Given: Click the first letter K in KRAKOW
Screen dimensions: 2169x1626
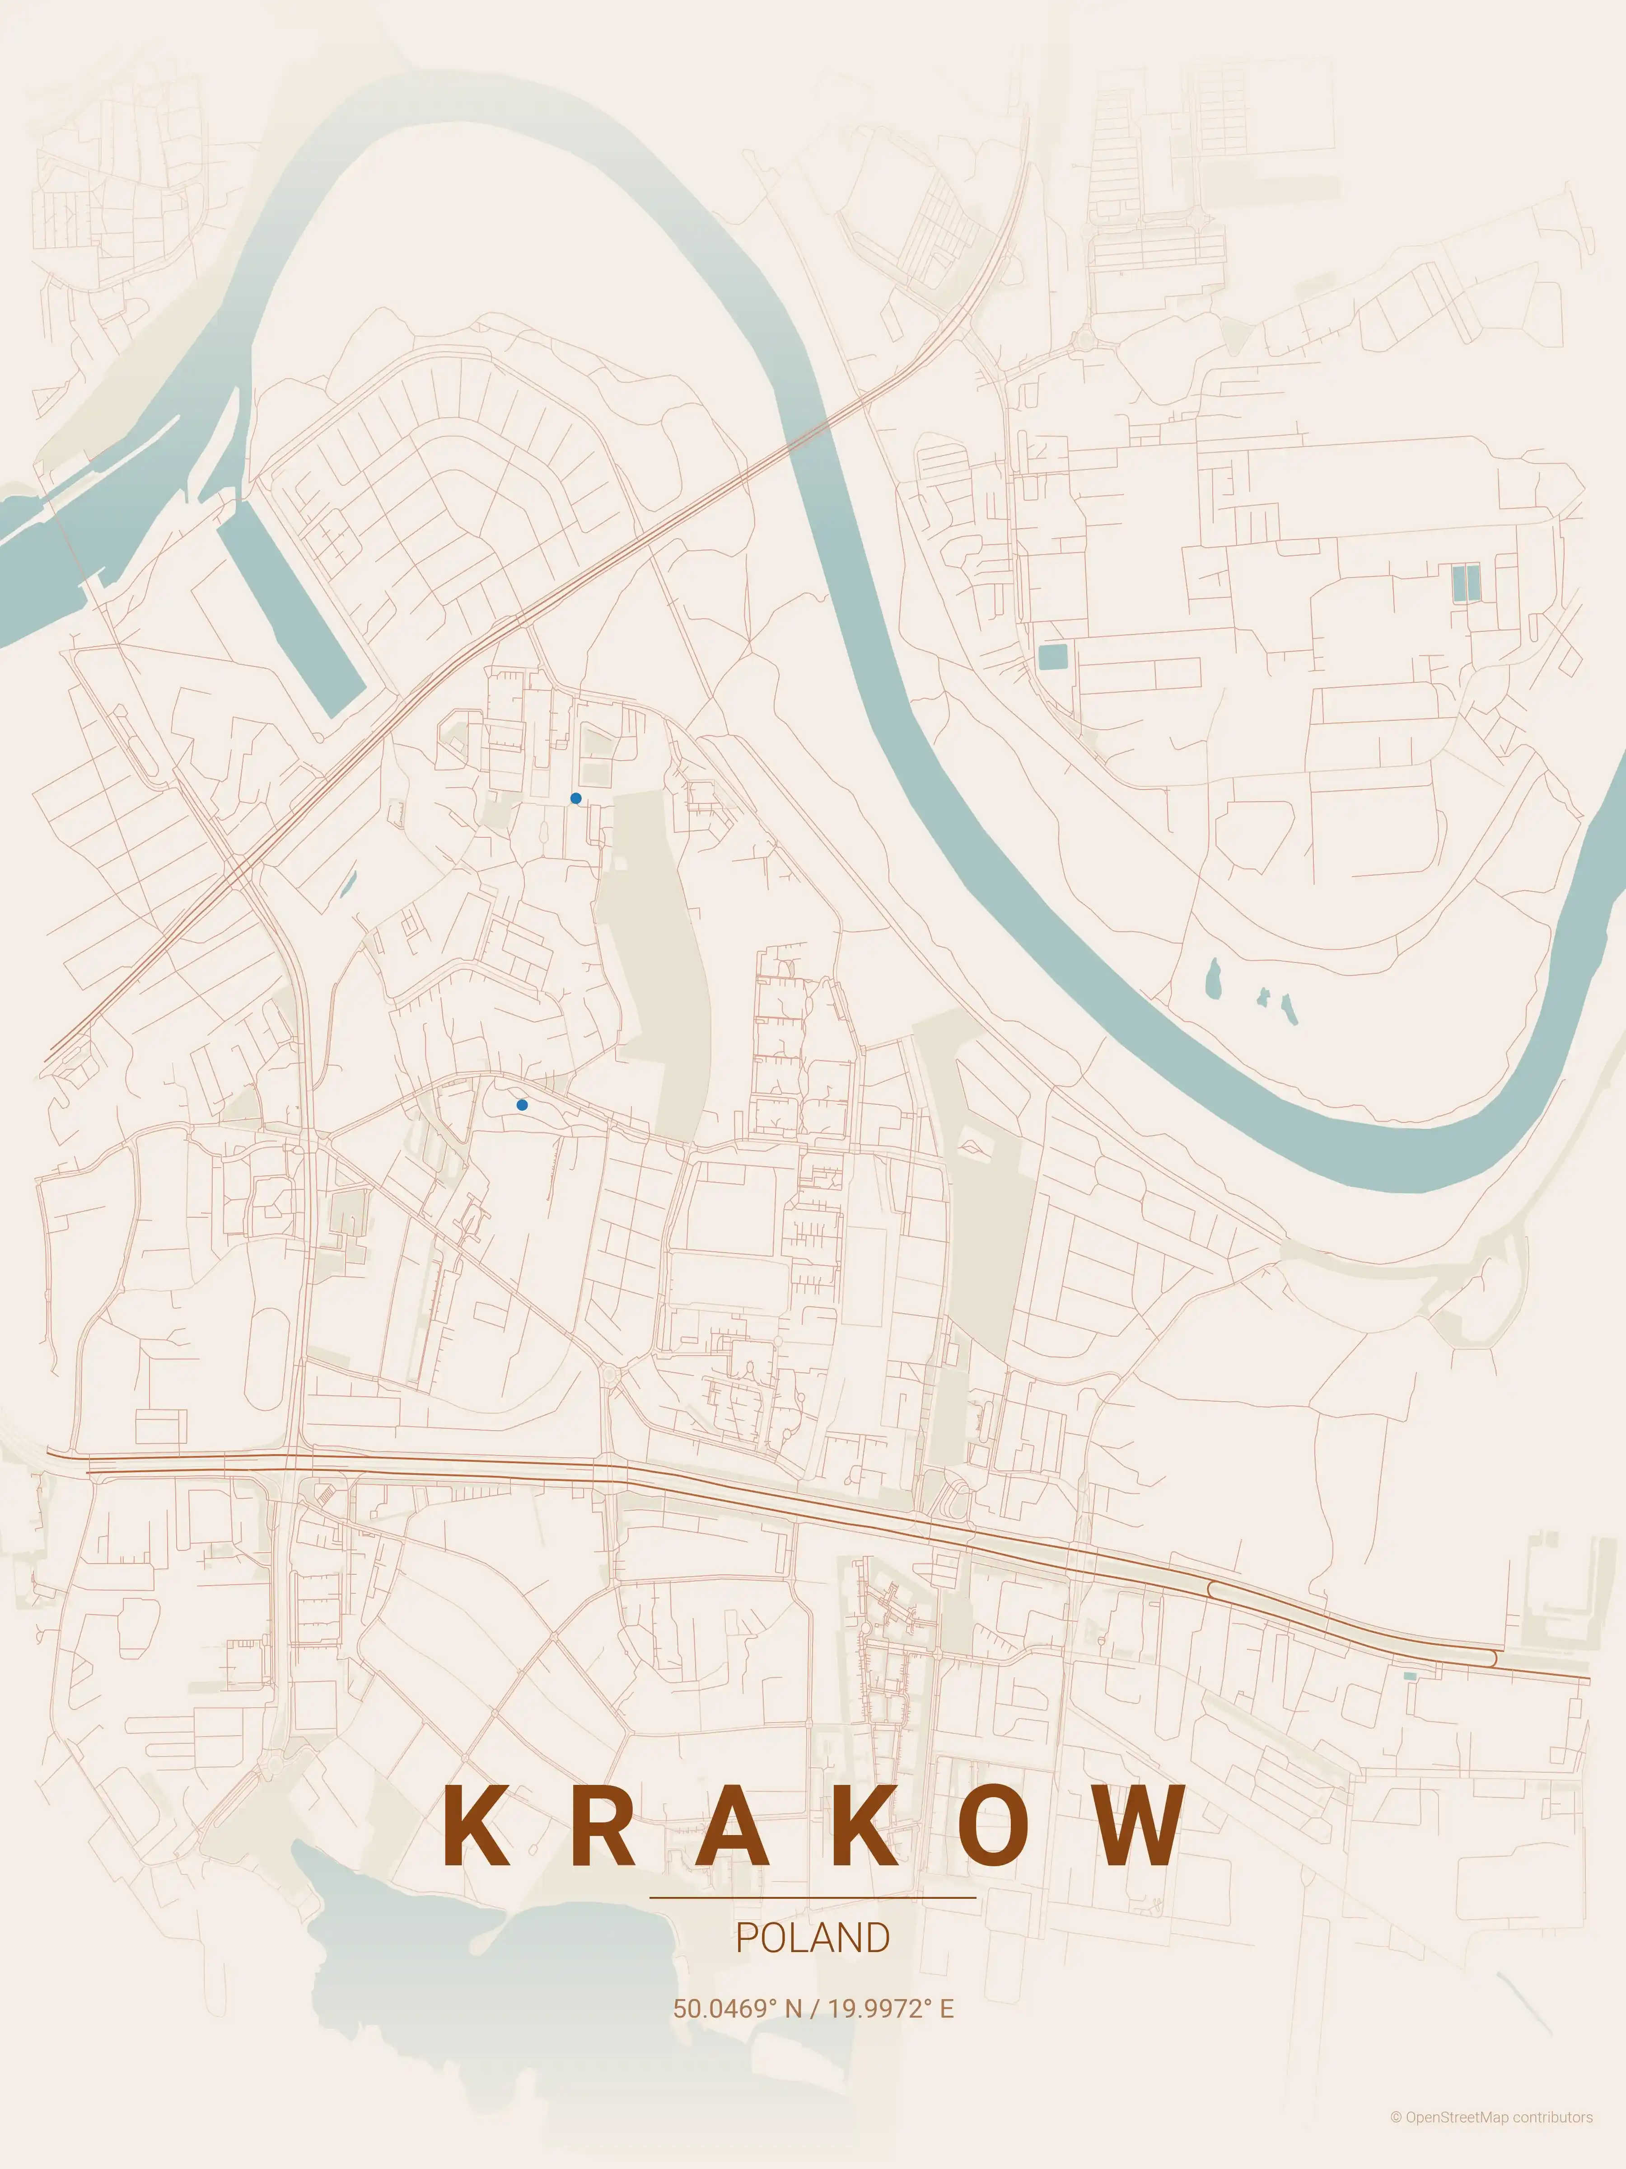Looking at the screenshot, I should [477, 1826].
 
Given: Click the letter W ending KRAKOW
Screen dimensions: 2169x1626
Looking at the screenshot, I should [1140, 1826].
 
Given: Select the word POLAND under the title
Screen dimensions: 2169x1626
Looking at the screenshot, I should [813, 1939].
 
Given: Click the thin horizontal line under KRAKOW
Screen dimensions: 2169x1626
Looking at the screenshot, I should [813, 1897].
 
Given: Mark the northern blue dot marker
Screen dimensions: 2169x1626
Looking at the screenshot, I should [575, 798].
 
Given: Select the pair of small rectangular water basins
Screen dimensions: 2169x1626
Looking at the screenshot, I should [1465, 583].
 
